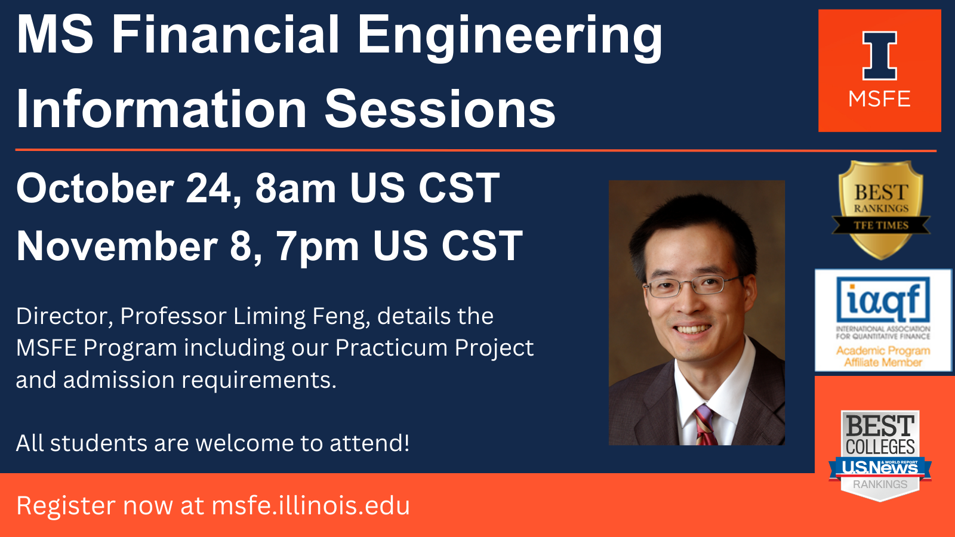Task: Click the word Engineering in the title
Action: pyautogui.click(x=510, y=38)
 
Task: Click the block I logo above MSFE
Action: pyautogui.click(x=880, y=55)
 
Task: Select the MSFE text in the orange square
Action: pyautogui.click(x=880, y=99)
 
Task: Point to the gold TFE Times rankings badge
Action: pyautogui.click(x=881, y=209)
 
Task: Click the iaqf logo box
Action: pyautogui.click(x=883, y=320)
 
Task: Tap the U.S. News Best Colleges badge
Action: pyautogui.click(x=880, y=456)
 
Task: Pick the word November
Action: pyautogui.click(x=117, y=246)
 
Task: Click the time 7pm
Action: pyautogui.click(x=318, y=247)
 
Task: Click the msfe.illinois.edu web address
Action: pyautogui.click(x=311, y=505)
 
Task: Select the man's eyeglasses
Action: pyautogui.click(x=693, y=286)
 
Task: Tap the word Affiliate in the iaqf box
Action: pyautogui.click(x=883, y=363)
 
